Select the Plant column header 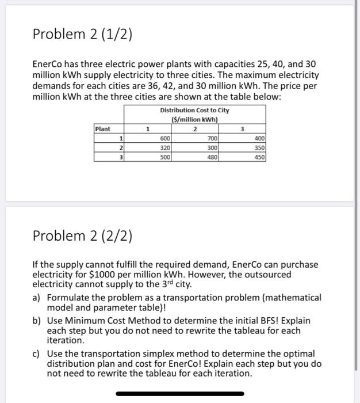pyautogui.click(x=104, y=130)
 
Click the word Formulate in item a pyautogui.click(x=69, y=298)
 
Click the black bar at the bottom pyautogui.click(x=179, y=394)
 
